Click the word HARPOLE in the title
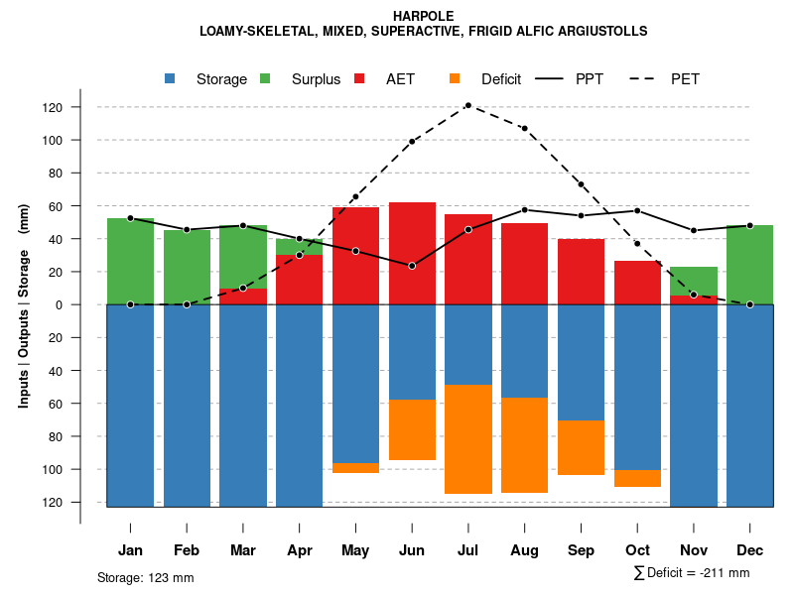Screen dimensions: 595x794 [423, 16]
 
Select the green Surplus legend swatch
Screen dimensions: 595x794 [265, 79]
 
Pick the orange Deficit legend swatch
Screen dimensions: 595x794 [455, 79]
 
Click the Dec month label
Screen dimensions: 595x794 [749, 550]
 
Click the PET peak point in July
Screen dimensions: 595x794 [467, 105]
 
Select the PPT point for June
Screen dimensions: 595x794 [411, 266]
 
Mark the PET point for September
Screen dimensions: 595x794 [581, 184]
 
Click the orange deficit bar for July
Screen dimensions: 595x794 [467, 438]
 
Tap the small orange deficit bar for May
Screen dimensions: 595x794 [355, 468]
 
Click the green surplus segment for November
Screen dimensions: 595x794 [693, 281]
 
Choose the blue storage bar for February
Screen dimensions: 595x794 [187, 406]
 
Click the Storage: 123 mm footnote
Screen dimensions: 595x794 [145, 577]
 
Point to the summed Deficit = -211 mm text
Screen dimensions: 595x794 [692, 573]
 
